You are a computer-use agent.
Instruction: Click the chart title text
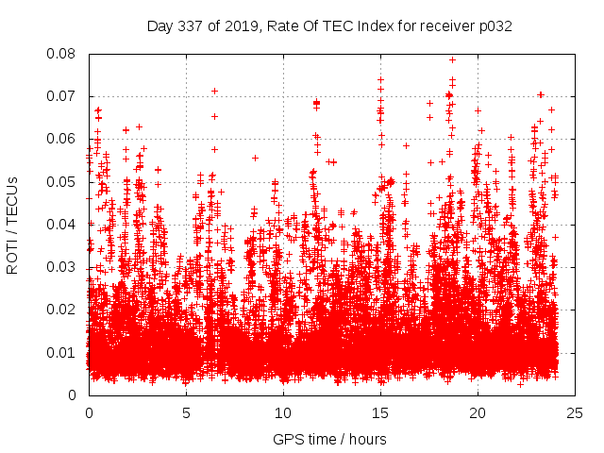[x=329, y=25]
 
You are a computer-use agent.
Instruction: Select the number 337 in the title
[x=192, y=25]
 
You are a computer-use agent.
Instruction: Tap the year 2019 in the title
[x=239, y=25]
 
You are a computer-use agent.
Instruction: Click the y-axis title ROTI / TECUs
[x=12, y=224]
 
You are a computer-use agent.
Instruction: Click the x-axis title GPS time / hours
[x=329, y=439]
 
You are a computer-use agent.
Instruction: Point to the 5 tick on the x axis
[x=186, y=412]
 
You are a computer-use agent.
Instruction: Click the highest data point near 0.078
[x=452, y=60]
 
